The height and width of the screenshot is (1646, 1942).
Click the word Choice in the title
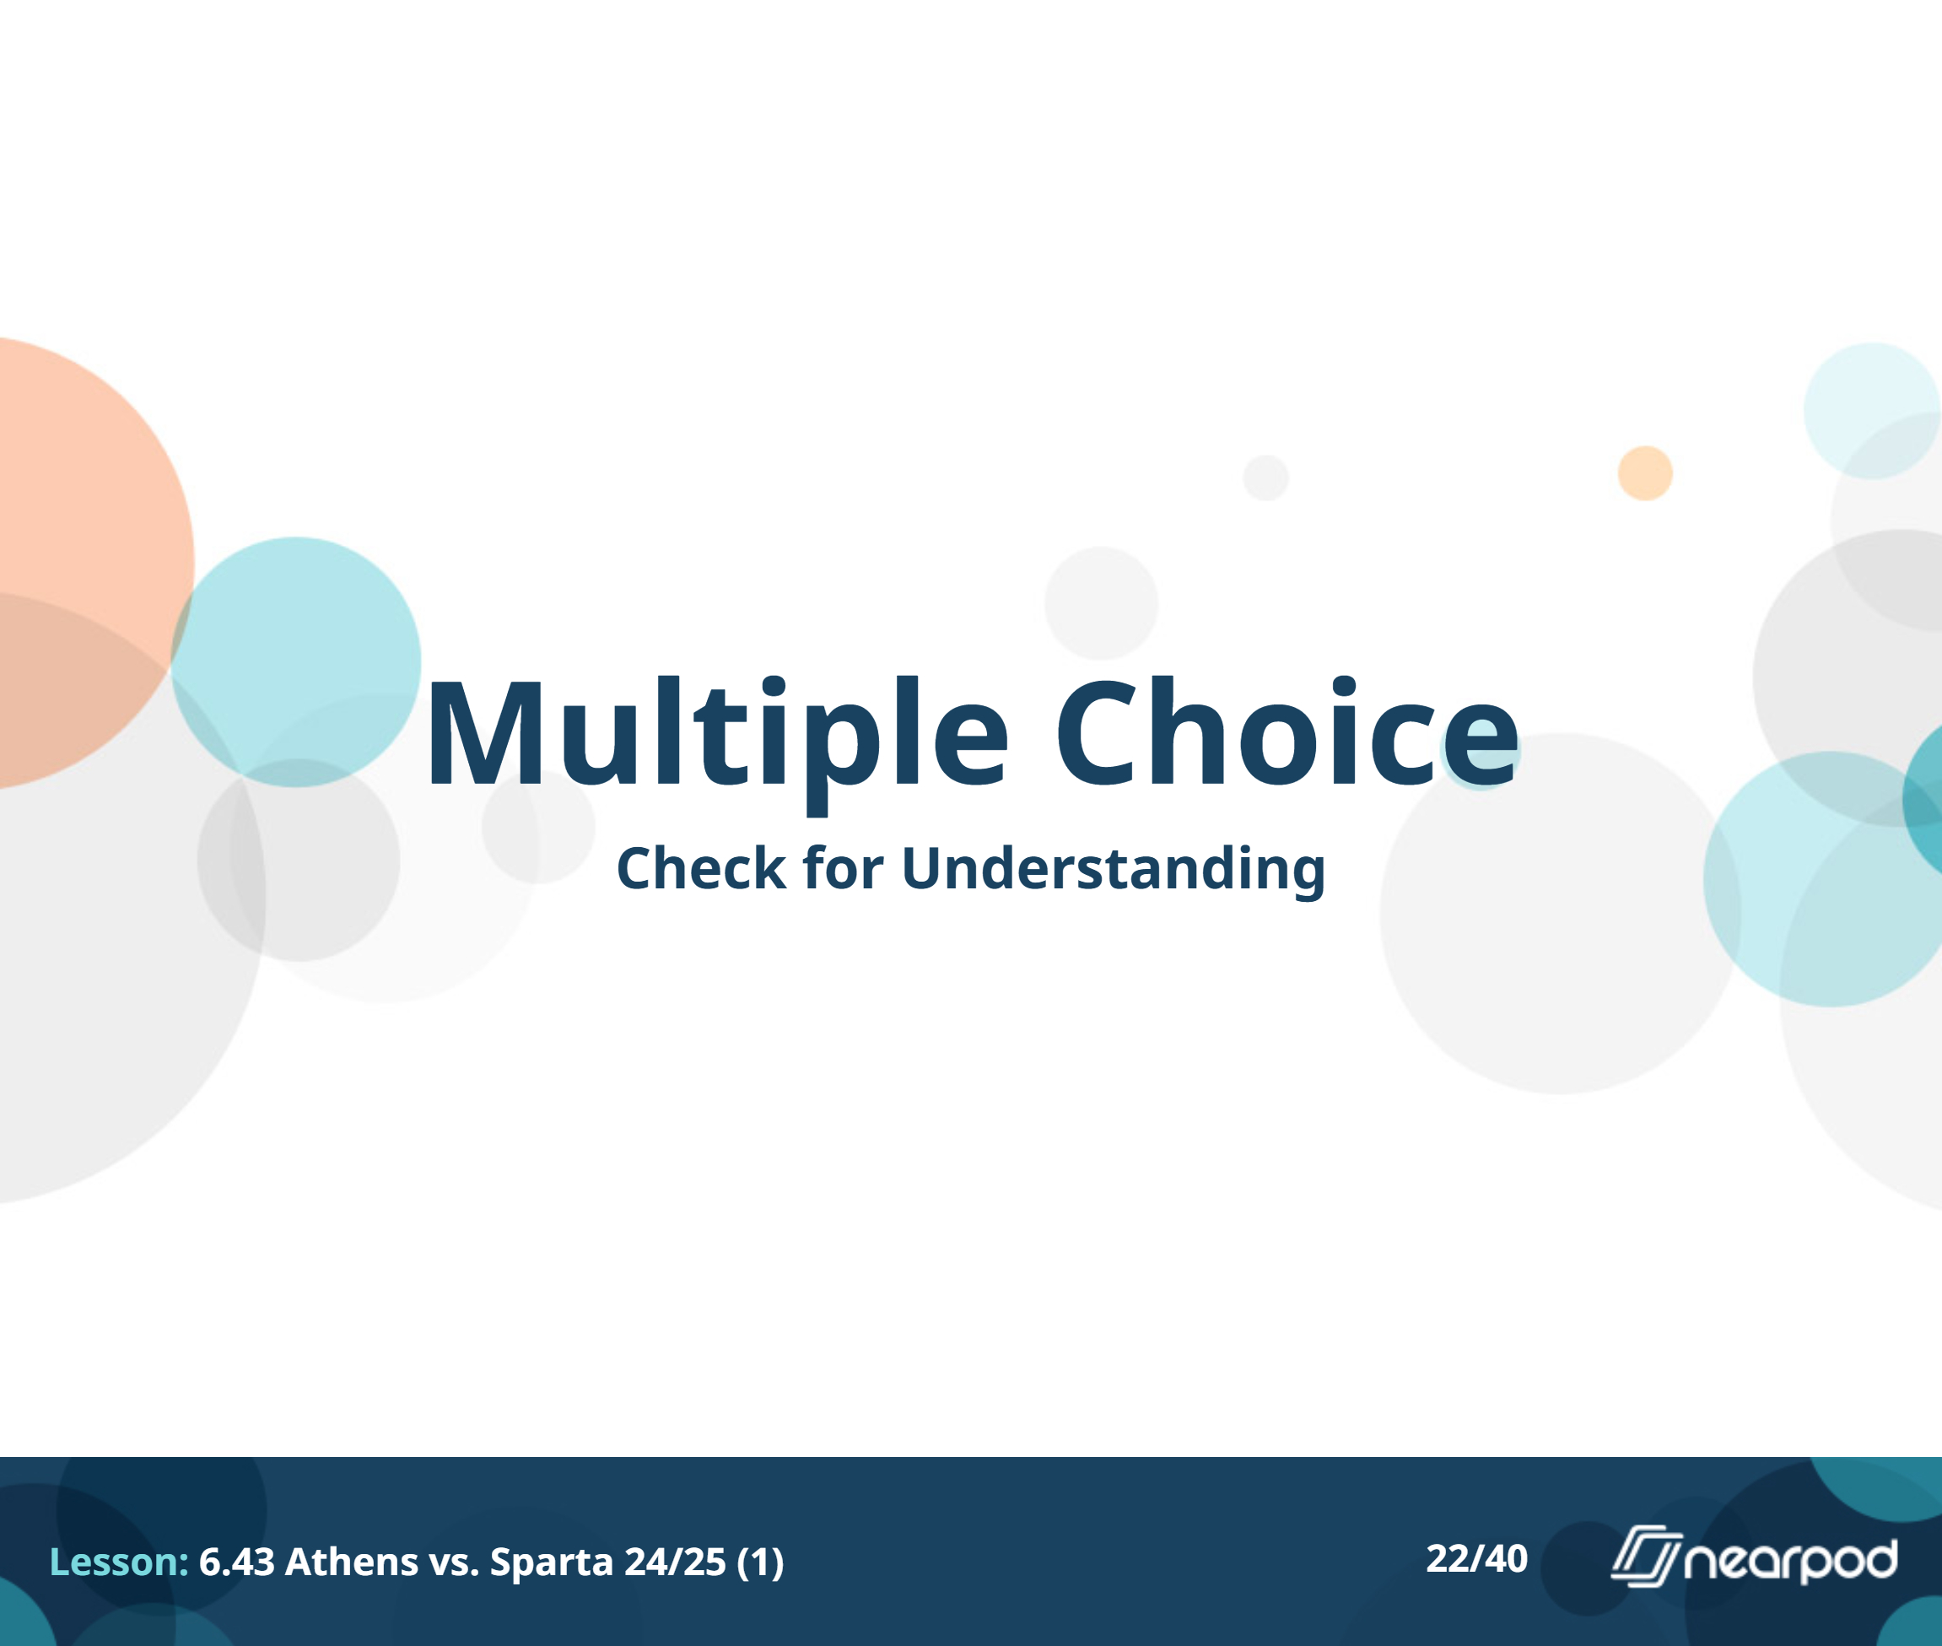[1288, 731]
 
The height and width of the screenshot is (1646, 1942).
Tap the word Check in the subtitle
[702, 869]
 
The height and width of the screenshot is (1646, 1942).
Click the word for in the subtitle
[843, 868]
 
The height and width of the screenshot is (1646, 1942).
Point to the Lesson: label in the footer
[118, 1562]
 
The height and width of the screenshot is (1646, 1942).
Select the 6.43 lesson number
[237, 1562]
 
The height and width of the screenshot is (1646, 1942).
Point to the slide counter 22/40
[1476, 1559]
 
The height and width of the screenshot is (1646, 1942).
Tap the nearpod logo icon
[1646, 1556]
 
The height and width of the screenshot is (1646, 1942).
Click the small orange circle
[1645, 473]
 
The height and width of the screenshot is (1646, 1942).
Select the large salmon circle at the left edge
[84, 563]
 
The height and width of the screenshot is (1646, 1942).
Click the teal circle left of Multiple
[296, 661]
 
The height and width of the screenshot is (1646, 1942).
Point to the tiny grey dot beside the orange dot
[1265, 478]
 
